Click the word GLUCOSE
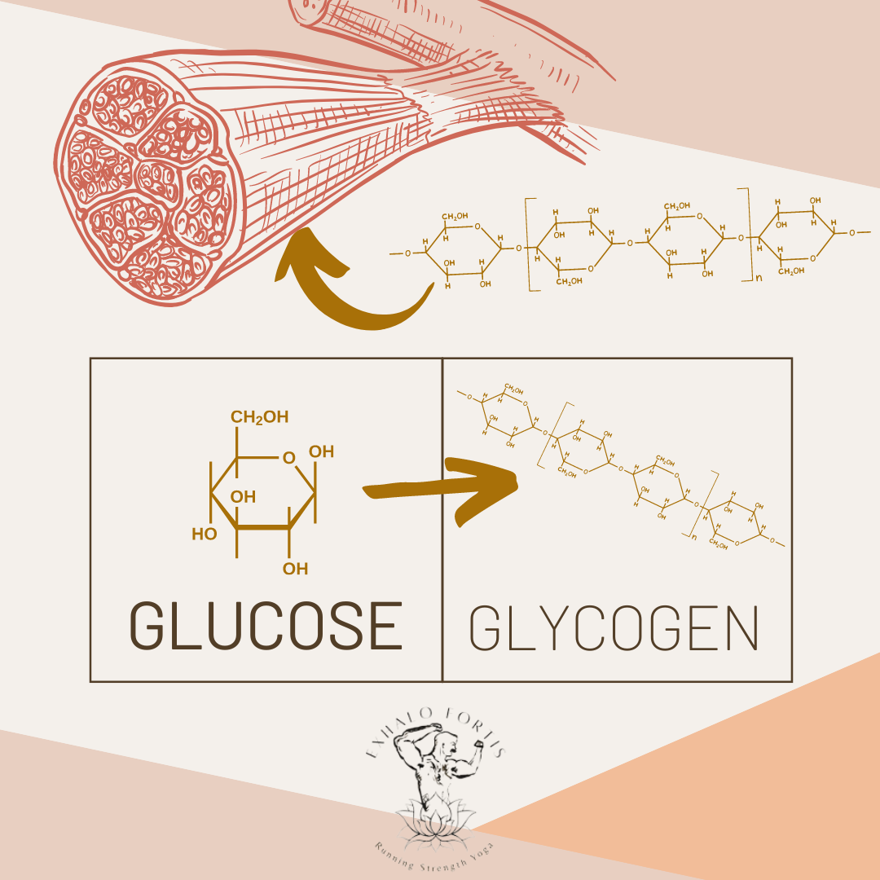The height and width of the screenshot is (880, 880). pyautogui.click(x=266, y=626)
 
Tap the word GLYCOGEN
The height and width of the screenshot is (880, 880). pyautogui.click(x=614, y=627)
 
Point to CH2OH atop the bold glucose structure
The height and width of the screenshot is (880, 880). pyautogui.click(x=259, y=418)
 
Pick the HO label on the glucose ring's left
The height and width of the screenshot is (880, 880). pyautogui.click(x=204, y=535)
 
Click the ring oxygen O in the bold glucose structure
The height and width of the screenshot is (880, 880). pyautogui.click(x=288, y=458)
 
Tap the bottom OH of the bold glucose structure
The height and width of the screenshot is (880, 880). pyautogui.click(x=295, y=569)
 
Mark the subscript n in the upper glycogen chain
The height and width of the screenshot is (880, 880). pyautogui.click(x=758, y=277)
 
